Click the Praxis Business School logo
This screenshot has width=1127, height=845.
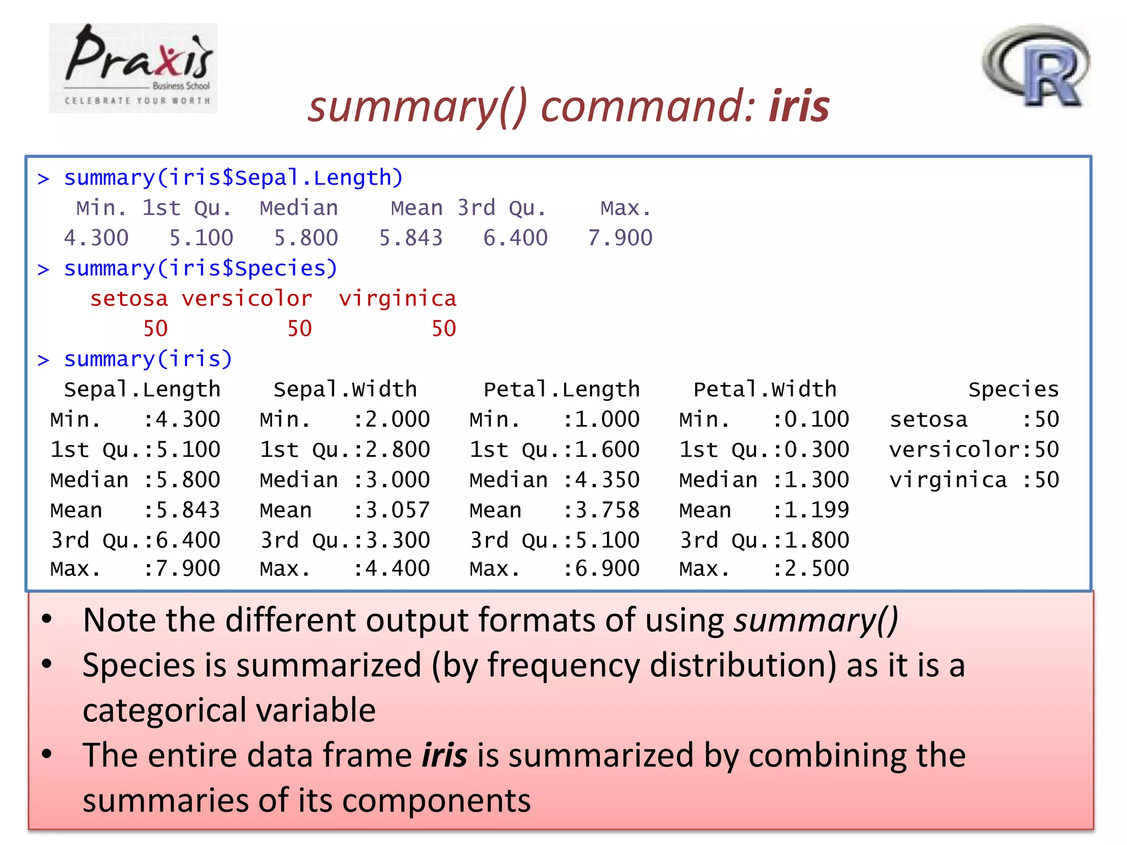tap(133, 68)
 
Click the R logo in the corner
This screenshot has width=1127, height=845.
tap(1036, 66)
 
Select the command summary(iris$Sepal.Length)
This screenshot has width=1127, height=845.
tap(233, 178)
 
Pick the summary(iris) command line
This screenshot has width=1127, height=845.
tap(148, 359)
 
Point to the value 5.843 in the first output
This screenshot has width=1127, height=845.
tap(411, 238)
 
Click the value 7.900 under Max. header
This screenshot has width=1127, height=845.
tap(620, 238)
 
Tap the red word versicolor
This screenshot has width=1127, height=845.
tap(247, 299)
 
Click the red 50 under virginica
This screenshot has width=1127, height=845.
tap(444, 329)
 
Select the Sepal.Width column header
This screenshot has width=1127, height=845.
tap(345, 389)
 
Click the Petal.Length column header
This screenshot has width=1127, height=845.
tap(561, 389)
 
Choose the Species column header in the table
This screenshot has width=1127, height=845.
tap(1013, 389)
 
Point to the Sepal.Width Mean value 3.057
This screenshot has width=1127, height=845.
tap(397, 510)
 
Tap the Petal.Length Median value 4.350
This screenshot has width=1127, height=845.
tap(608, 480)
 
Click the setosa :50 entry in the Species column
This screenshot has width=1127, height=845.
tap(974, 420)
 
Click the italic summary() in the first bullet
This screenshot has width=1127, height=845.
tap(816, 621)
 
